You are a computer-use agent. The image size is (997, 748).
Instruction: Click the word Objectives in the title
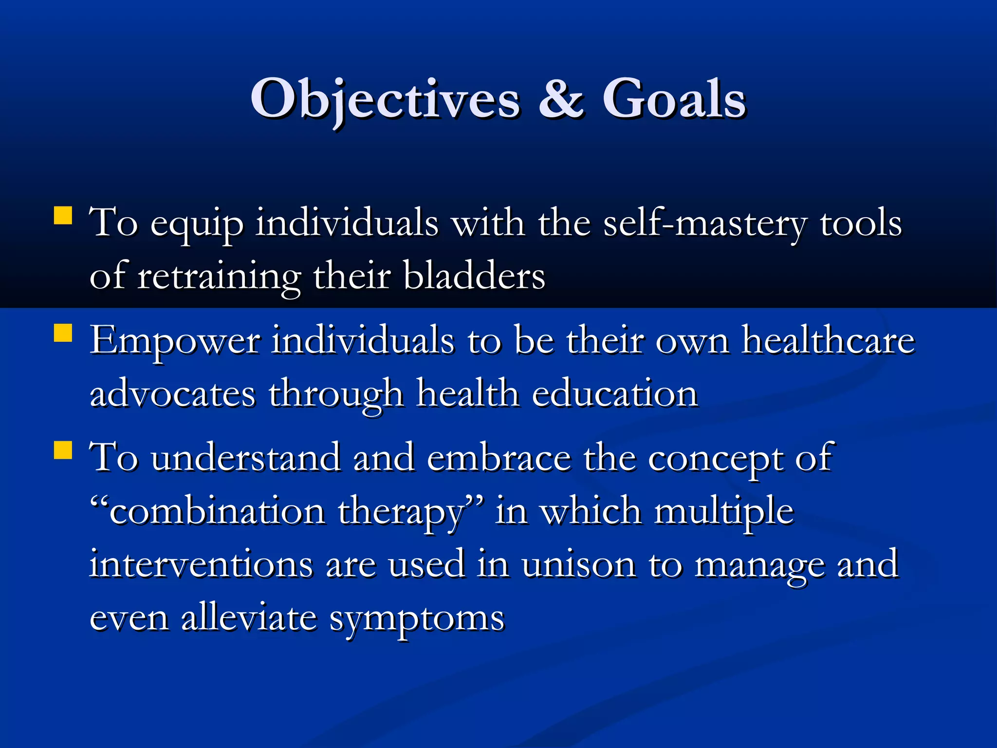click(385, 100)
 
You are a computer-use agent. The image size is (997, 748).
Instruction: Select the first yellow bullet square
click(63, 216)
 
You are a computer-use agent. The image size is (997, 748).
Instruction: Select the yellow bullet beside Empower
click(63, 334)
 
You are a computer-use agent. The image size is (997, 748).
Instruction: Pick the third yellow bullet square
click(63, 450)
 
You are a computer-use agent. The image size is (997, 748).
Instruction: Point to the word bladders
click(474, 277)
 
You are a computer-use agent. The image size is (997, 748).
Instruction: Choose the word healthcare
click(828, 341)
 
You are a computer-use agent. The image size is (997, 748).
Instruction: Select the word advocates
click(172, 394)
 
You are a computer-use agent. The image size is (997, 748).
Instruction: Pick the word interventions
click(201, 565)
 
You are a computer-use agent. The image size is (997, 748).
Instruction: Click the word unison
click(578, 565)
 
